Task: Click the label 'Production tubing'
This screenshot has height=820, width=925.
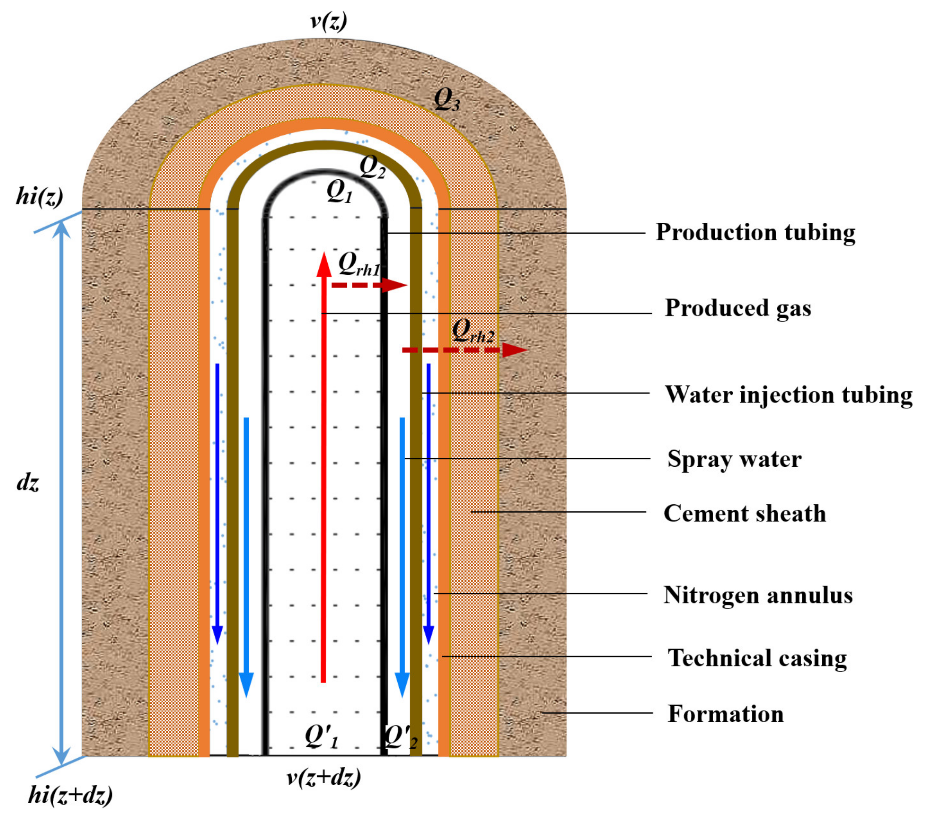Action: point(755,232)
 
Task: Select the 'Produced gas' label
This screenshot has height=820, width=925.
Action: point(738,308)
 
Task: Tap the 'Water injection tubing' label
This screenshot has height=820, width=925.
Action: point(788,395)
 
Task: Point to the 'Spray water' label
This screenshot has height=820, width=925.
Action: point(734,459)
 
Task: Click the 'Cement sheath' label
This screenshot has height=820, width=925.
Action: point(745,513)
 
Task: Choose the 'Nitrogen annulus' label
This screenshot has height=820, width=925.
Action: point(758,595)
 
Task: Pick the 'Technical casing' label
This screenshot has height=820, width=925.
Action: point(757,658)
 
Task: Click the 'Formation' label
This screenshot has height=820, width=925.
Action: point(725,714)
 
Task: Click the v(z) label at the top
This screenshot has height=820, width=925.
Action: point(329,21)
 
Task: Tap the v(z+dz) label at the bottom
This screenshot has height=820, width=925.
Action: point(324,777)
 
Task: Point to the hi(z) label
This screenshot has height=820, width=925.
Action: point(39,197)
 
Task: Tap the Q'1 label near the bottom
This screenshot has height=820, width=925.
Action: point(321,736)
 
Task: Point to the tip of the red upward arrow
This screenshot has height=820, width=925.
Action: point(324,255)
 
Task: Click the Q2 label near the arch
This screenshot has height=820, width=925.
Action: point(372,167)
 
